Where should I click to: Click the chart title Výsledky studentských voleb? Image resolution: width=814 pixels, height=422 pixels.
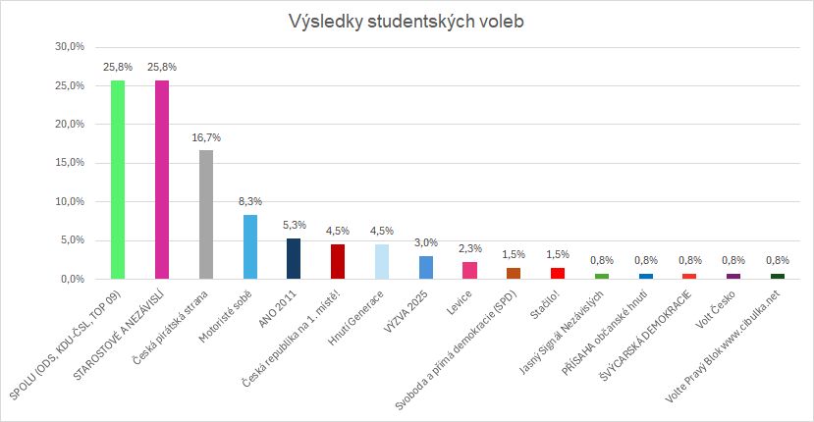coord(406,21)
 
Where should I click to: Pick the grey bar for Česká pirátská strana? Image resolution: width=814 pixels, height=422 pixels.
coord(206,215)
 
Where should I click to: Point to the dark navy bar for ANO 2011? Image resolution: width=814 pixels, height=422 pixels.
coord(294,259)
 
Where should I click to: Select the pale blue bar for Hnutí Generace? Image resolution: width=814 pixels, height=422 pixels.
coord(382,262)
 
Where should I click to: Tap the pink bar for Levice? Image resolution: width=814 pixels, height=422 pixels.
coord(469,271)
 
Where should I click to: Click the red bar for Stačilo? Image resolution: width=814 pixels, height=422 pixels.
coord(558,274)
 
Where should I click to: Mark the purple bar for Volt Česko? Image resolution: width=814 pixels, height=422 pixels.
coord(733,277)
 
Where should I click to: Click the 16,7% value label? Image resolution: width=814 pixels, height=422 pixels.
coord(206,138)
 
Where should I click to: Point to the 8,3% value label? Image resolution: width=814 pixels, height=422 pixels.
coord(250,202)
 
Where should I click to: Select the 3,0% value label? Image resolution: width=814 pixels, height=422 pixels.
coord(426,243)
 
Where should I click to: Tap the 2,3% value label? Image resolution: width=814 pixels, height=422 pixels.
coord(469,249)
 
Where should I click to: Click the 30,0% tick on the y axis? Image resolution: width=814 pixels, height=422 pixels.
coord(69,47)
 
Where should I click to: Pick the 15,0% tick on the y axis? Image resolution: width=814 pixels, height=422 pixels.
coord(69,163)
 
